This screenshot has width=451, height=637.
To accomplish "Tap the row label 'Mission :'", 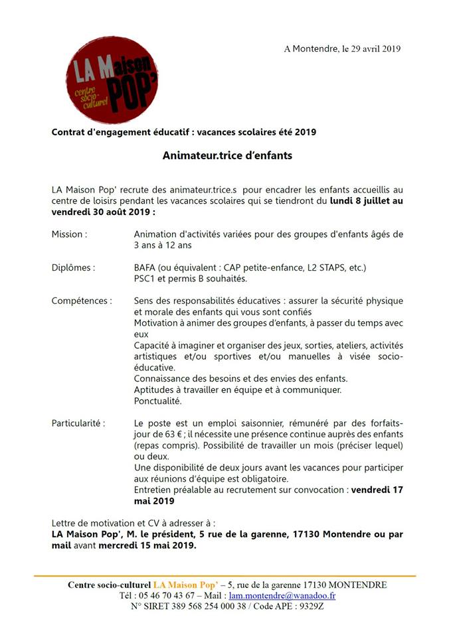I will click(69, 234).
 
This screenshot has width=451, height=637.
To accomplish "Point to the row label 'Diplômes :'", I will click(73, 267).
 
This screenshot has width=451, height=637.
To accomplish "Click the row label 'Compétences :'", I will click(81, 301).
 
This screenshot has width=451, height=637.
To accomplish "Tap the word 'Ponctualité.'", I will click(157, 401).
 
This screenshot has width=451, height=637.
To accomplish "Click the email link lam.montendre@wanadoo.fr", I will click(288, 595).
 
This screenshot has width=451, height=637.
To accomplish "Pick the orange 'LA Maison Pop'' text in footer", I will click(187, 585).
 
